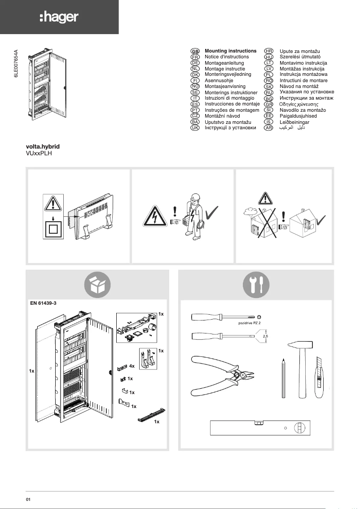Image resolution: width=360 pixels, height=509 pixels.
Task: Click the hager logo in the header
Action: point(59,18)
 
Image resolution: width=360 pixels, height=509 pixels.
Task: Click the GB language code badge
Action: point(195,52)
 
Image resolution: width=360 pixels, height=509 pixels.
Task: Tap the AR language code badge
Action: point(268,128)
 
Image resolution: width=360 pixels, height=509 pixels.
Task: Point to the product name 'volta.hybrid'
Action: point(43,147)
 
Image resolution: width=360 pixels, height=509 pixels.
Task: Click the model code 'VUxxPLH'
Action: point(40,153)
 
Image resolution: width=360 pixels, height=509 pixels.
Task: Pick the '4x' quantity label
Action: point(132,366)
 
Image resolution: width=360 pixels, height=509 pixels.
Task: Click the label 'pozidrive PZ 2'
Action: point(246,322)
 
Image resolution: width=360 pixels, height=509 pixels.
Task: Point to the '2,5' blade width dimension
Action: point(265,335)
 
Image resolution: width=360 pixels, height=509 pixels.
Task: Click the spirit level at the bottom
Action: point(260,428)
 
